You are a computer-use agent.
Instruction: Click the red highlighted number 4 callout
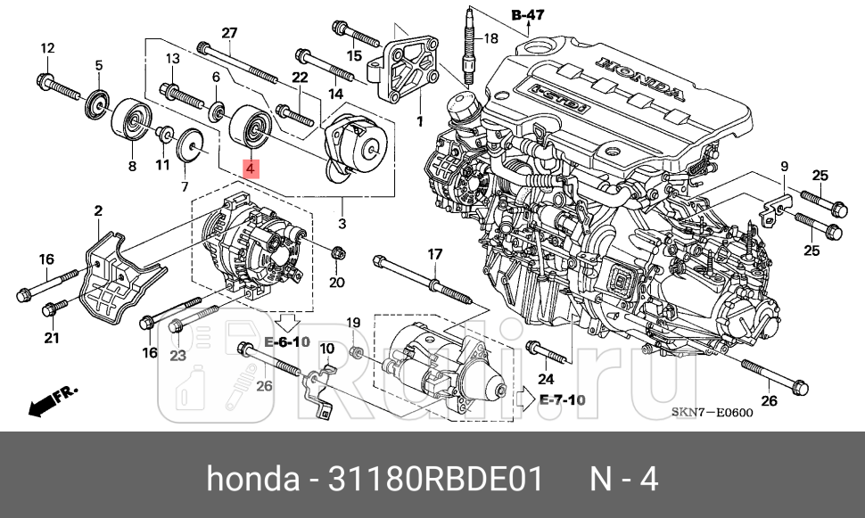[251, 167]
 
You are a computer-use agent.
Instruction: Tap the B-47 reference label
[528, 14]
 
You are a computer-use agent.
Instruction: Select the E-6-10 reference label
[286, 342]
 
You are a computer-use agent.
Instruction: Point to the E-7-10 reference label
[562, 399]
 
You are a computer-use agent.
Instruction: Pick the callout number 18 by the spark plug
[490, 38]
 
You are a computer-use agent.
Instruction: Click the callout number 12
[47, 48]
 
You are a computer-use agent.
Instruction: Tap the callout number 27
[229, 33]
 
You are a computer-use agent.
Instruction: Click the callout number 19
[352, 322]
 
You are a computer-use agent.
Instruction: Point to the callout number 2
[98, 210]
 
